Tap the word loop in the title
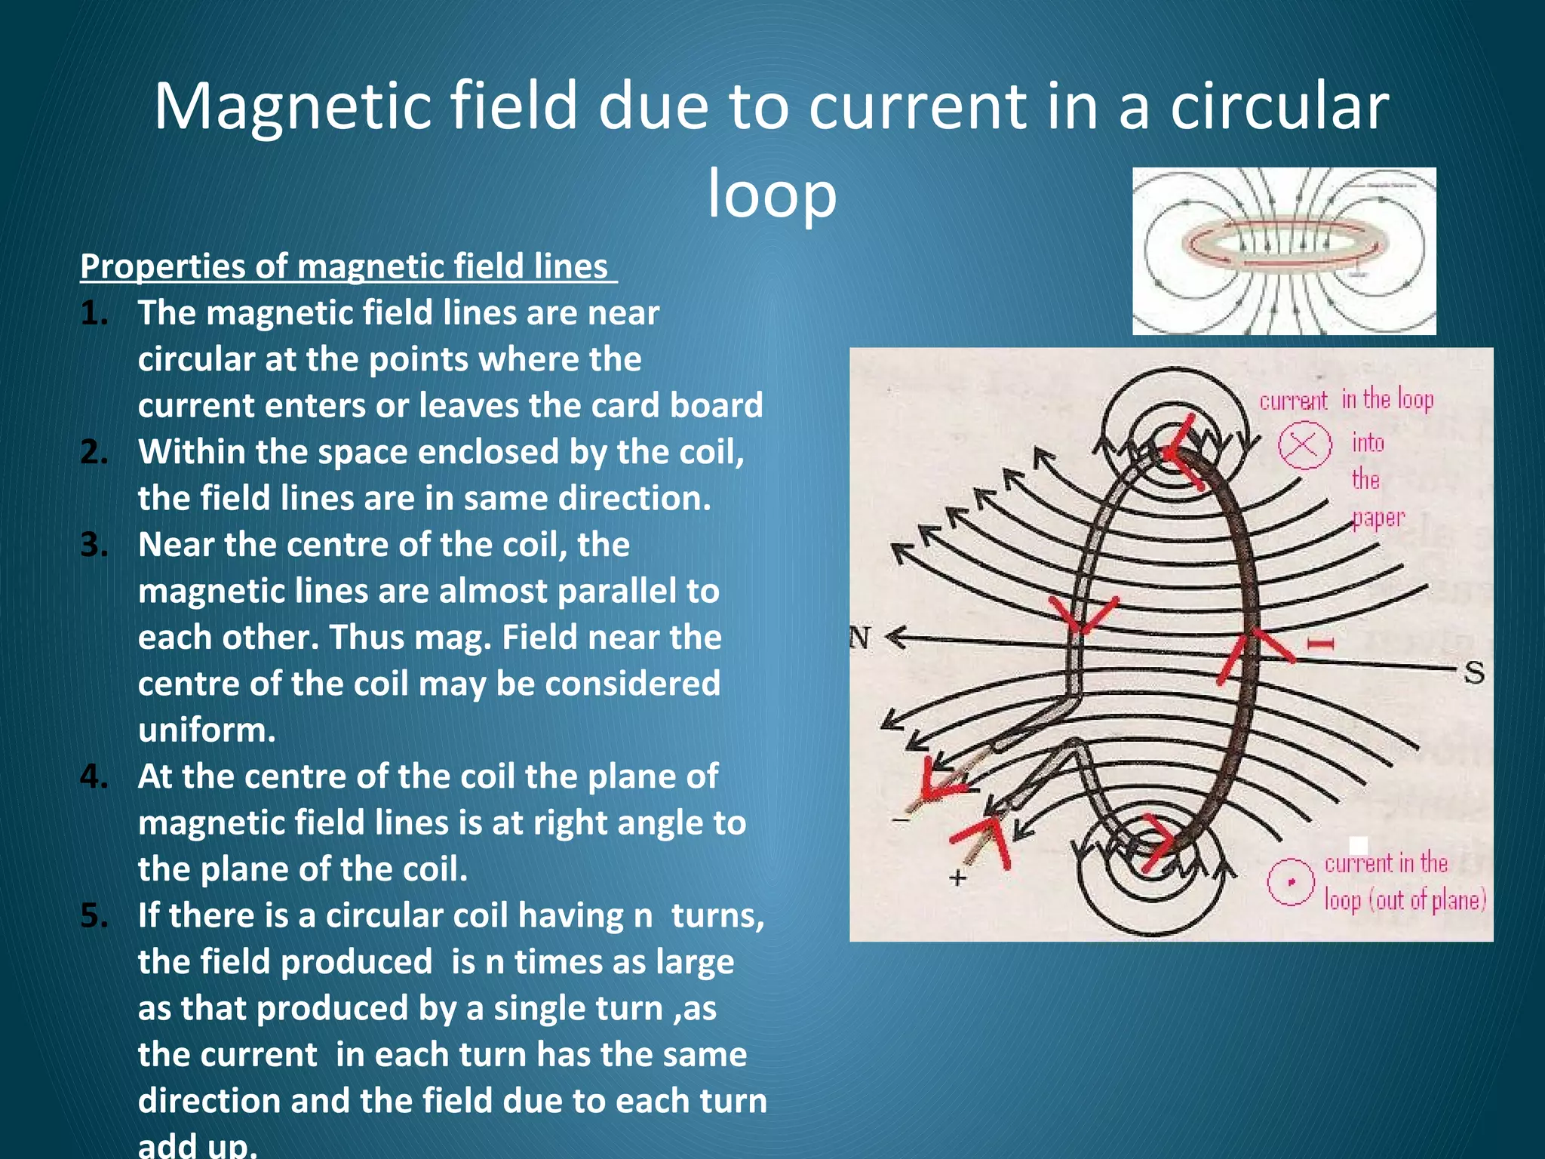coord(772,194)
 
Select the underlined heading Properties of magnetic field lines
coord(348,267)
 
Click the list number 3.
coord(94,545)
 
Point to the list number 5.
coord(94,916)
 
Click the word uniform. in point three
coord(207,730)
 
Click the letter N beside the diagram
coord(860,638)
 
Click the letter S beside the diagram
coord(1474,672)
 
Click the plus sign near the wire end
coord(957,878)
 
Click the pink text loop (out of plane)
coord(1405,900)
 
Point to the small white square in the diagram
coord(1358,844)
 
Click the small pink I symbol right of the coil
coord(1320,644)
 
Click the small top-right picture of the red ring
coord(1284,251)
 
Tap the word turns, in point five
coord(717,916)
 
